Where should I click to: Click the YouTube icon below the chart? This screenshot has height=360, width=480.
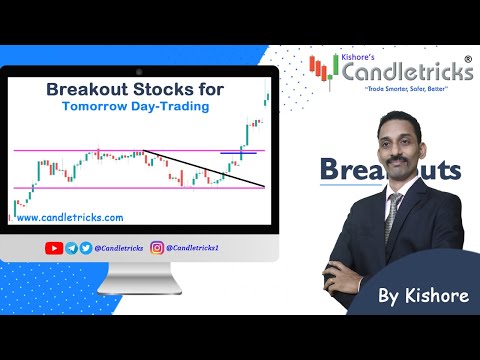click(55, 247)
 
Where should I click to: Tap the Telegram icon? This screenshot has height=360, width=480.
click(71, 247)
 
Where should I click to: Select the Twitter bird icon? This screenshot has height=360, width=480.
click(86, 247)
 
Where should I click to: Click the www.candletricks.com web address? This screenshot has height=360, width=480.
click(70, 217)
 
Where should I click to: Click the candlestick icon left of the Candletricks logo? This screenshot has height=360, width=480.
click(319, 68)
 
